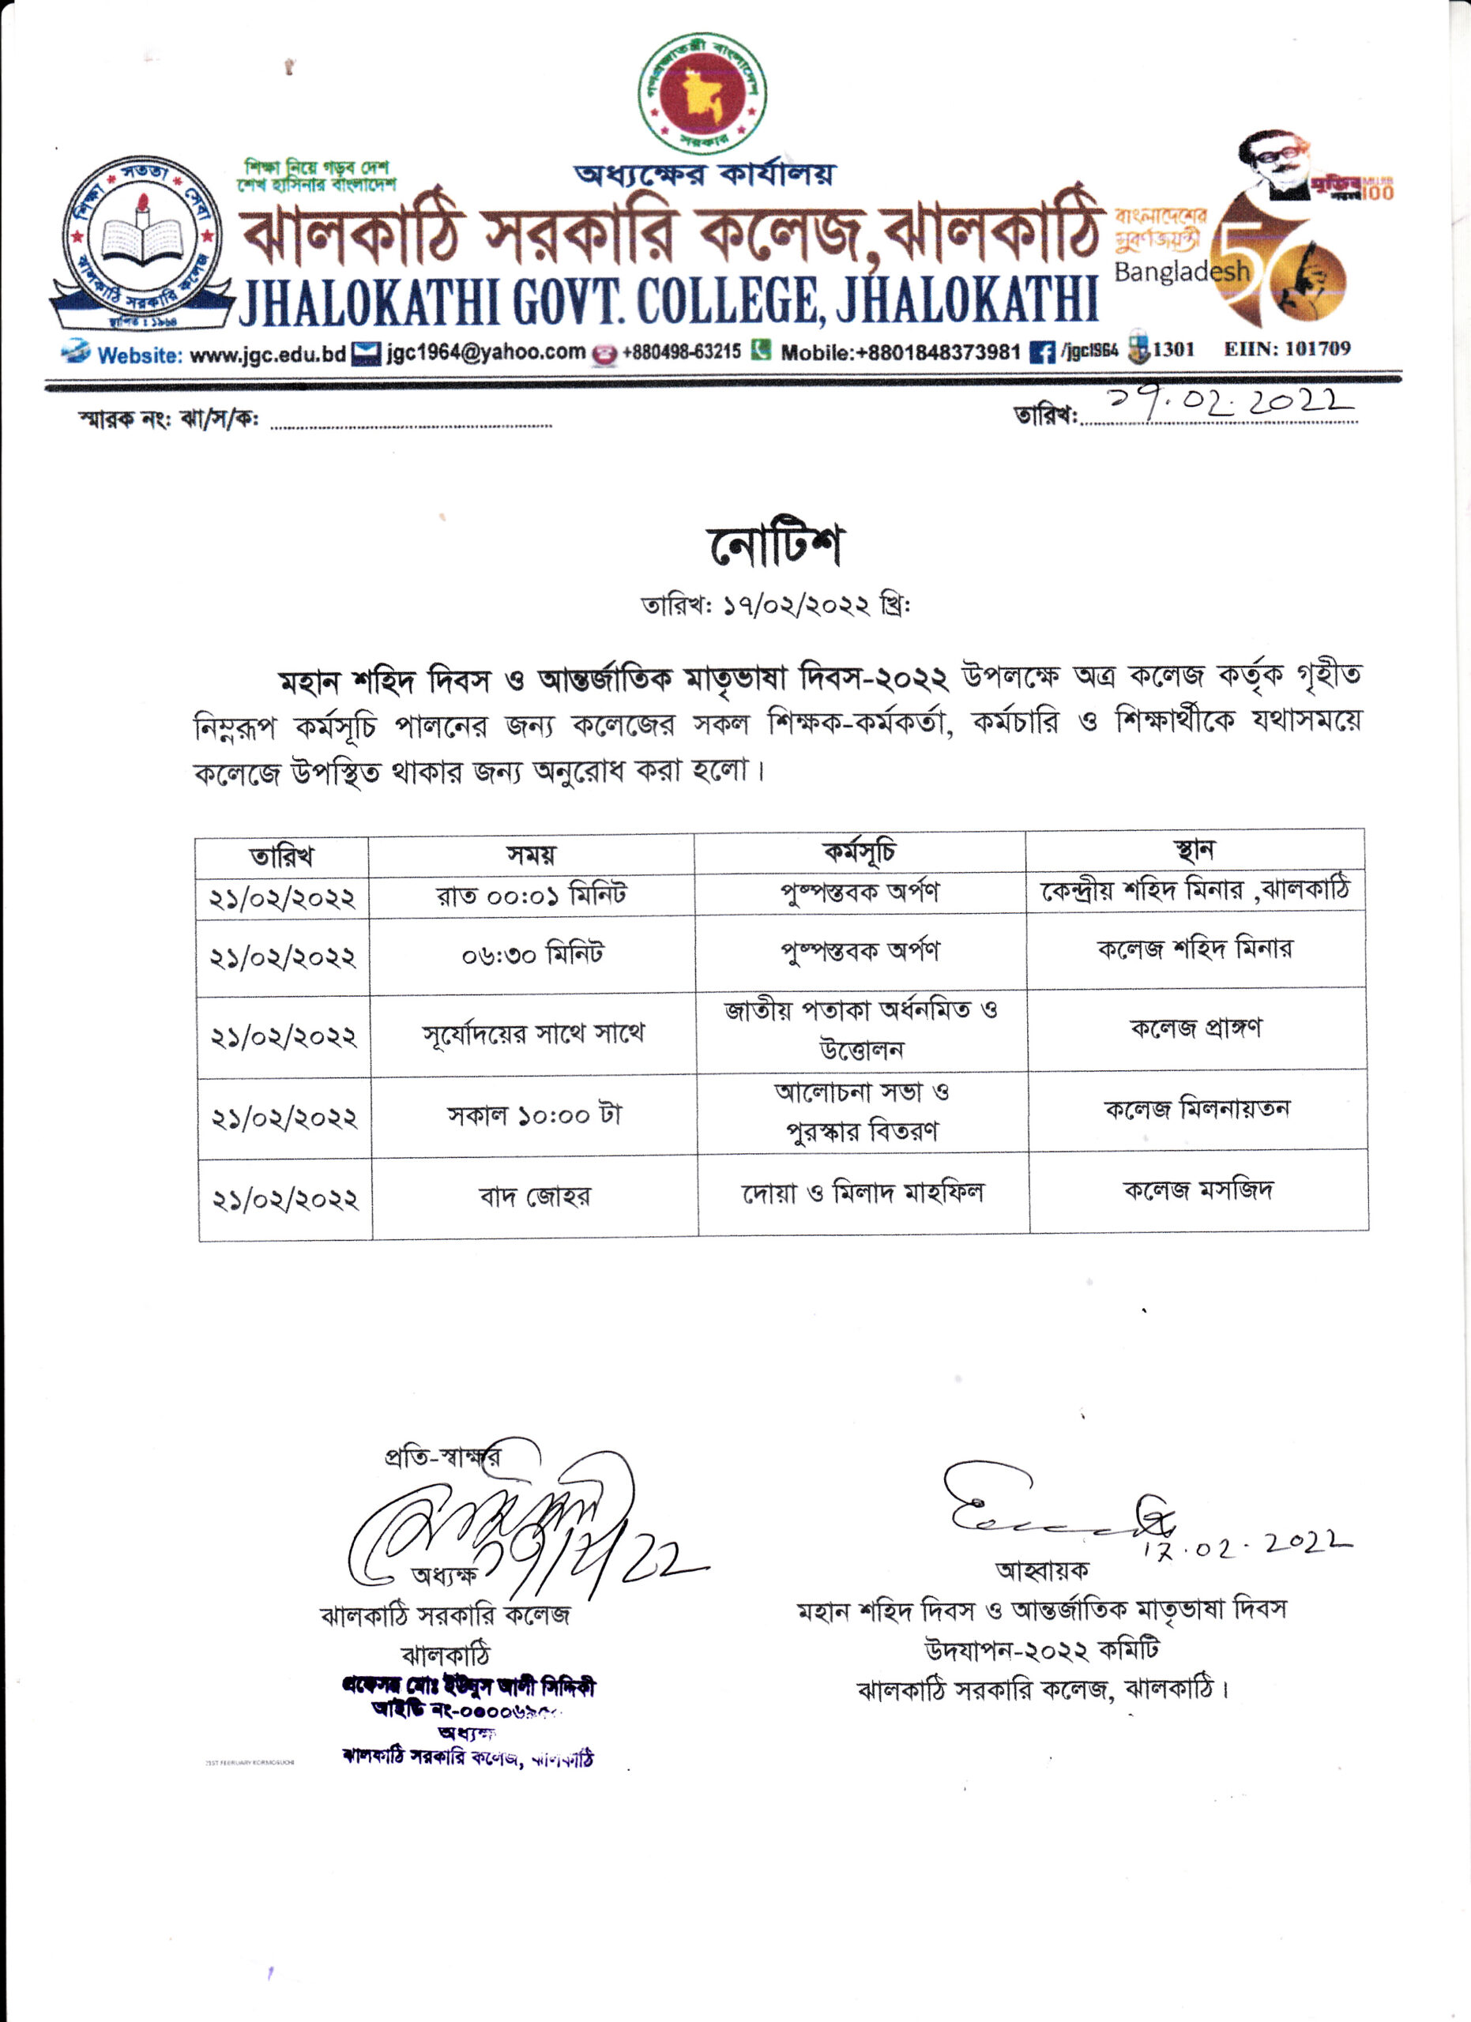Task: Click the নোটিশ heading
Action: click(x=775, y=546)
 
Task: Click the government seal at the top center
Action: click(x=702, y=92)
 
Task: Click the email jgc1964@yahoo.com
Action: click(x=486, y=353)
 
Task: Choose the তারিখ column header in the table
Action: click(x=282, y=857)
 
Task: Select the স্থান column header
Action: click(x=1194, y=850)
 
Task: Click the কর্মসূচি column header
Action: click(x=860, y=852)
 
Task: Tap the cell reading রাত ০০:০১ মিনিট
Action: click(x=532, y=894)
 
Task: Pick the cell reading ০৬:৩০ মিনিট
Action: click(x=532, y=955)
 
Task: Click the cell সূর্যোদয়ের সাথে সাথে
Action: click(x=533, y=1034)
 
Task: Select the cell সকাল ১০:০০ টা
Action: click(x=534, y=1115)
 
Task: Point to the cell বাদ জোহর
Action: click(x=534, y=1197)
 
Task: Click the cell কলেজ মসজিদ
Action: click(x=1198, y=1190)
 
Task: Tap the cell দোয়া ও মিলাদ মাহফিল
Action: click(x=863, y=1193)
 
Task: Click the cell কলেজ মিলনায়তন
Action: click(x=1198, y=1109)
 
